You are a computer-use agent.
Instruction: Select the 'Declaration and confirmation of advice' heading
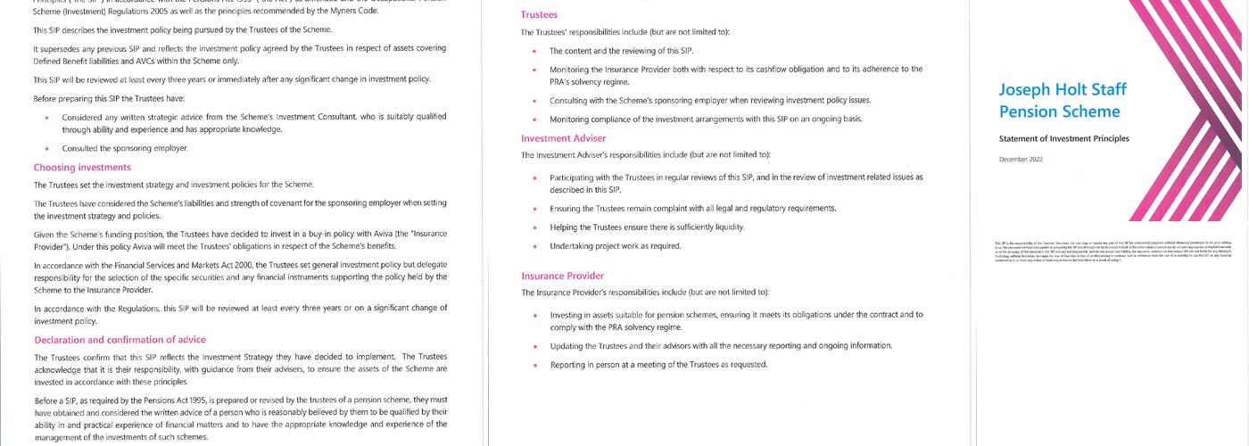coord(120,340)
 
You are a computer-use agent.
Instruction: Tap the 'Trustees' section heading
coord(539,15)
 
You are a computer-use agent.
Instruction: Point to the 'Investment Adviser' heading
coord(563,138)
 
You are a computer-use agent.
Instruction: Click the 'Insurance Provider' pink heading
coord(562,276)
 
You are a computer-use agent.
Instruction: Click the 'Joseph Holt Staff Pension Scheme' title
coord(1063,101)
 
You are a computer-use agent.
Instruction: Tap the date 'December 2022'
coord(1019,159)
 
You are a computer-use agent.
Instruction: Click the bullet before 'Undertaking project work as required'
coord(534,246)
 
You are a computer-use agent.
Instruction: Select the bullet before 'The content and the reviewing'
coord(534,52)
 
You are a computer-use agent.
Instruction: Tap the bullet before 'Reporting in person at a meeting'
coord(534,365)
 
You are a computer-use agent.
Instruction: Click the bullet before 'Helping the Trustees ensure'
coord(534,227)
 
